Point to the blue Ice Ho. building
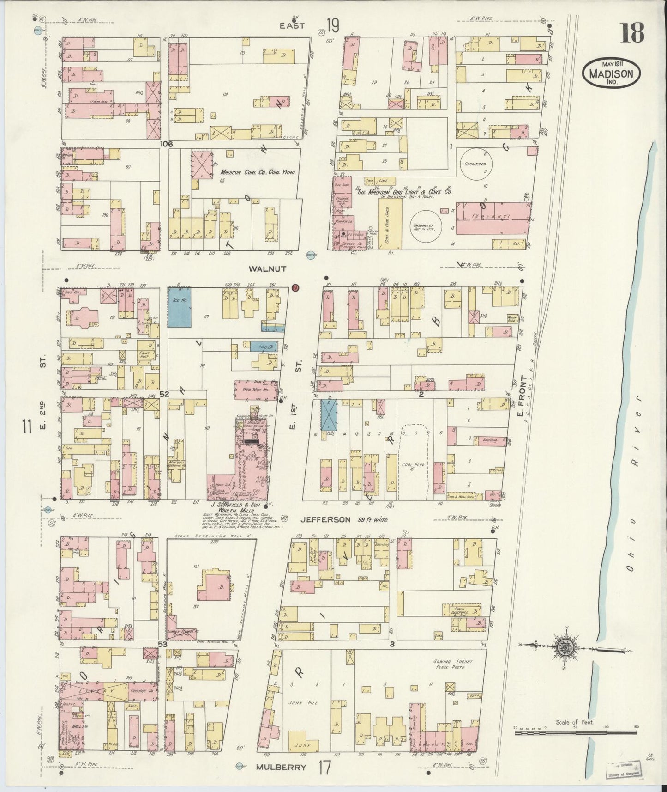[180, 307]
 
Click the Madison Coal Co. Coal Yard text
[257, 172]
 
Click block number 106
[167, 144]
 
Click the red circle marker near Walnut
[296, 287]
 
